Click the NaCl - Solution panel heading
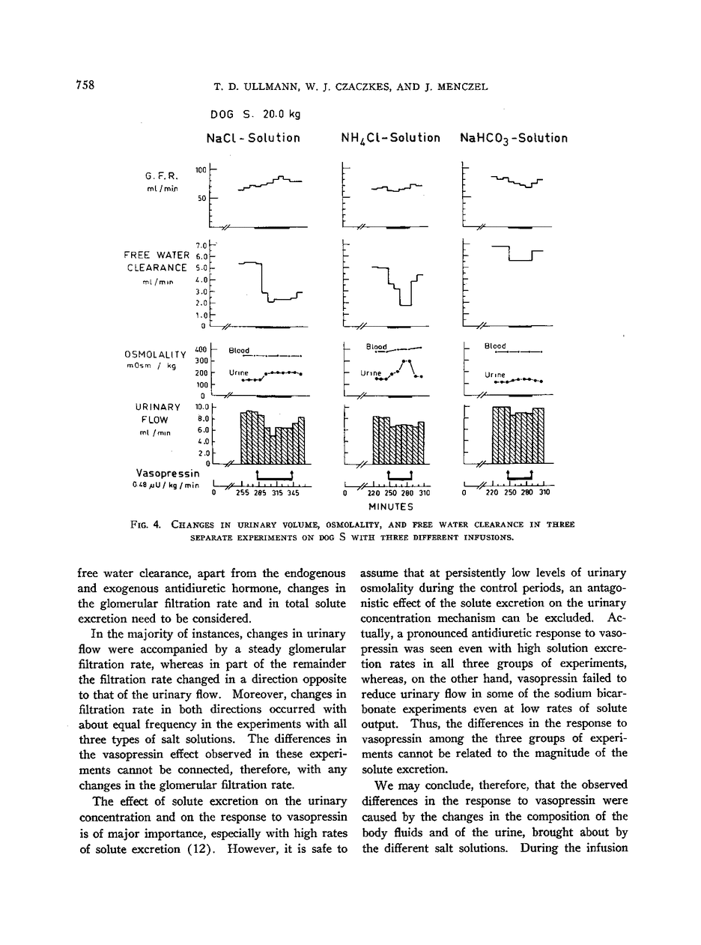[253, 138]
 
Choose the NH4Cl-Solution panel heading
[390, 139]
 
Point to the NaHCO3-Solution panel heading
[514, 139]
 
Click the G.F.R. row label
[160, 176]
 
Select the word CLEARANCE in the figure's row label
[157, 268]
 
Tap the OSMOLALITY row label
[155, 354]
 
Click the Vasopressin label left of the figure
[169, 473]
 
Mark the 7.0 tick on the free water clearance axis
[200, 246]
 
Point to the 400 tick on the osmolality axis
[200, 349]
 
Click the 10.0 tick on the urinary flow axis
[199, 407]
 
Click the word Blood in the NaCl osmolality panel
[240, 349]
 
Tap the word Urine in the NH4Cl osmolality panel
[371, 372]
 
